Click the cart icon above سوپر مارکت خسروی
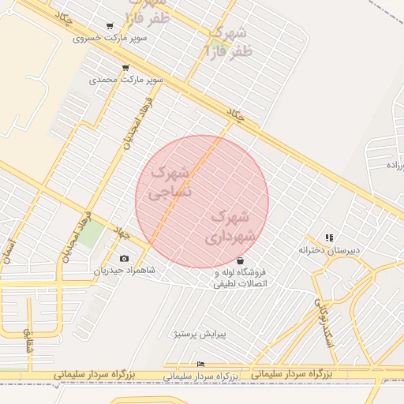[109, 27]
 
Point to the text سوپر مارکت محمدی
[126, 80]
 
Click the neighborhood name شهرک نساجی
[169, 181]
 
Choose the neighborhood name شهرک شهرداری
[231, 226]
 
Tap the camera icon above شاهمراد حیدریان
[124, 259]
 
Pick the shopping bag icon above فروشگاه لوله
[239, 261]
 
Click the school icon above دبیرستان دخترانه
[329, 238]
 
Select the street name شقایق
[29, 341]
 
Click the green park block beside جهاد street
[90, 234]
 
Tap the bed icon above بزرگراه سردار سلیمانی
[200, 364]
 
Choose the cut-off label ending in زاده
[393, 165]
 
